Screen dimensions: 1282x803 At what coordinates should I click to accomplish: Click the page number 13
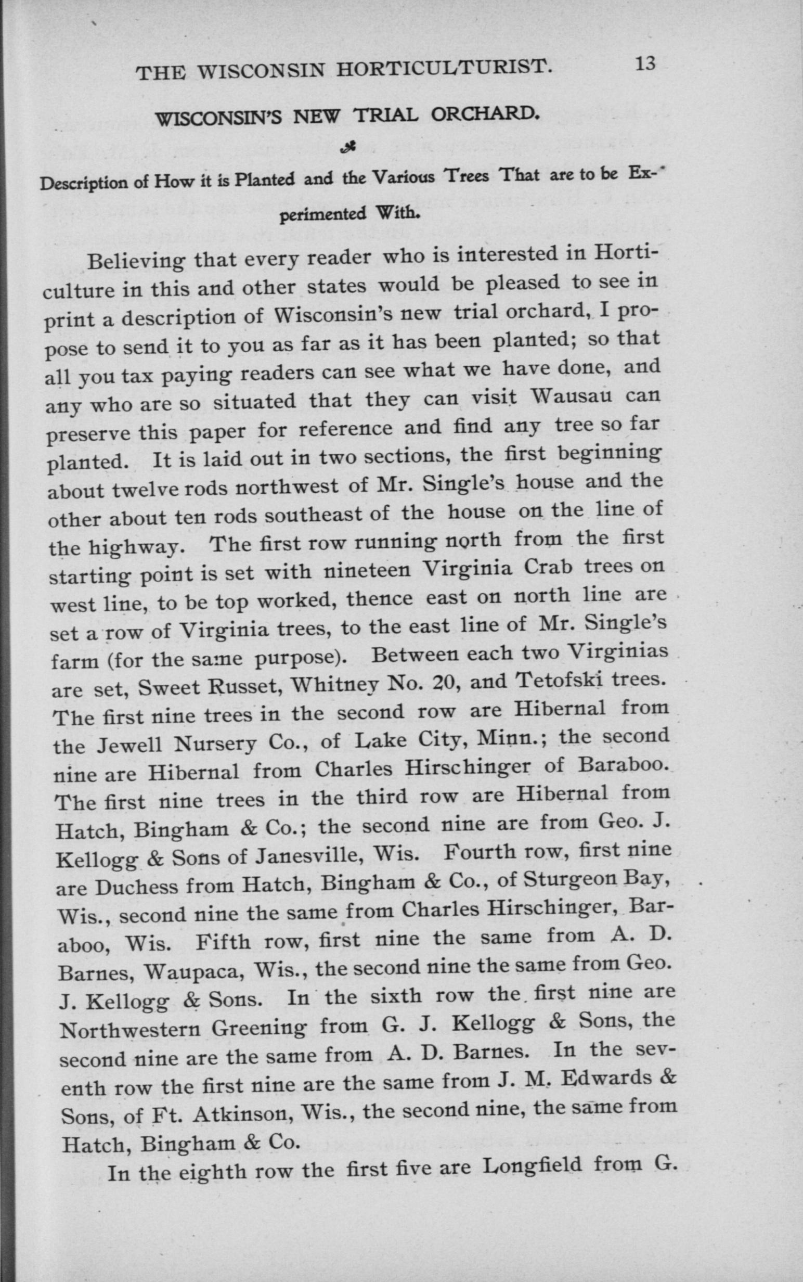coord(644,65)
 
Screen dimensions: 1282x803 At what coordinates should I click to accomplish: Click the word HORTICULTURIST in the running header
coord(443,69)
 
